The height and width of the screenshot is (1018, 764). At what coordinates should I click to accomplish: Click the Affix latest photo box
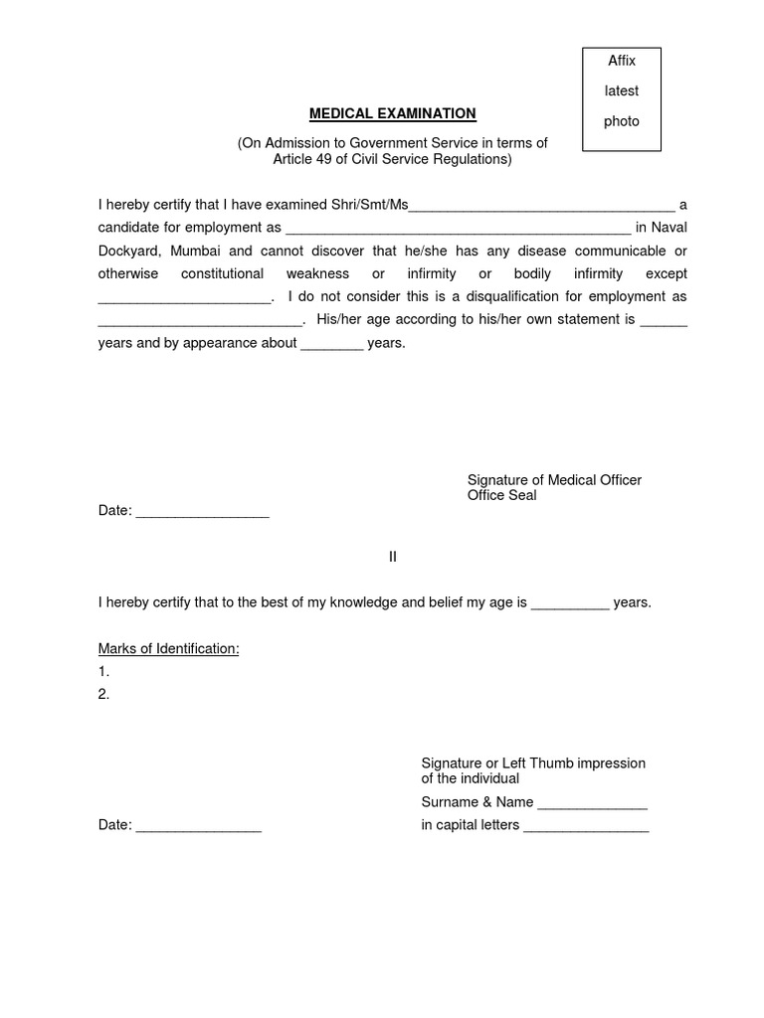[x=622, y=99]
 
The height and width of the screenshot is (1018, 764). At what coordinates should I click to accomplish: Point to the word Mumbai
[x=195, y=251]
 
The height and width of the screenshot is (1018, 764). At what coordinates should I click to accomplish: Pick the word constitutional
[x=222, y=273]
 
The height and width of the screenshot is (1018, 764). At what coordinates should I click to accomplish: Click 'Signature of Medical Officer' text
[x=554, y=480]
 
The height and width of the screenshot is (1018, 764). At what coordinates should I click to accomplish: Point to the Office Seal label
[x=501, y=495]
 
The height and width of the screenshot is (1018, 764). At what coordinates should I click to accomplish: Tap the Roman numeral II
[x=393, y=557]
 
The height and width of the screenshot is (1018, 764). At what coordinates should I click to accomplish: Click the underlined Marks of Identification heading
[x=168, y=649]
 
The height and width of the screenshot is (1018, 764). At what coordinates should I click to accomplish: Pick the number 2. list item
[x=103, y=695]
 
